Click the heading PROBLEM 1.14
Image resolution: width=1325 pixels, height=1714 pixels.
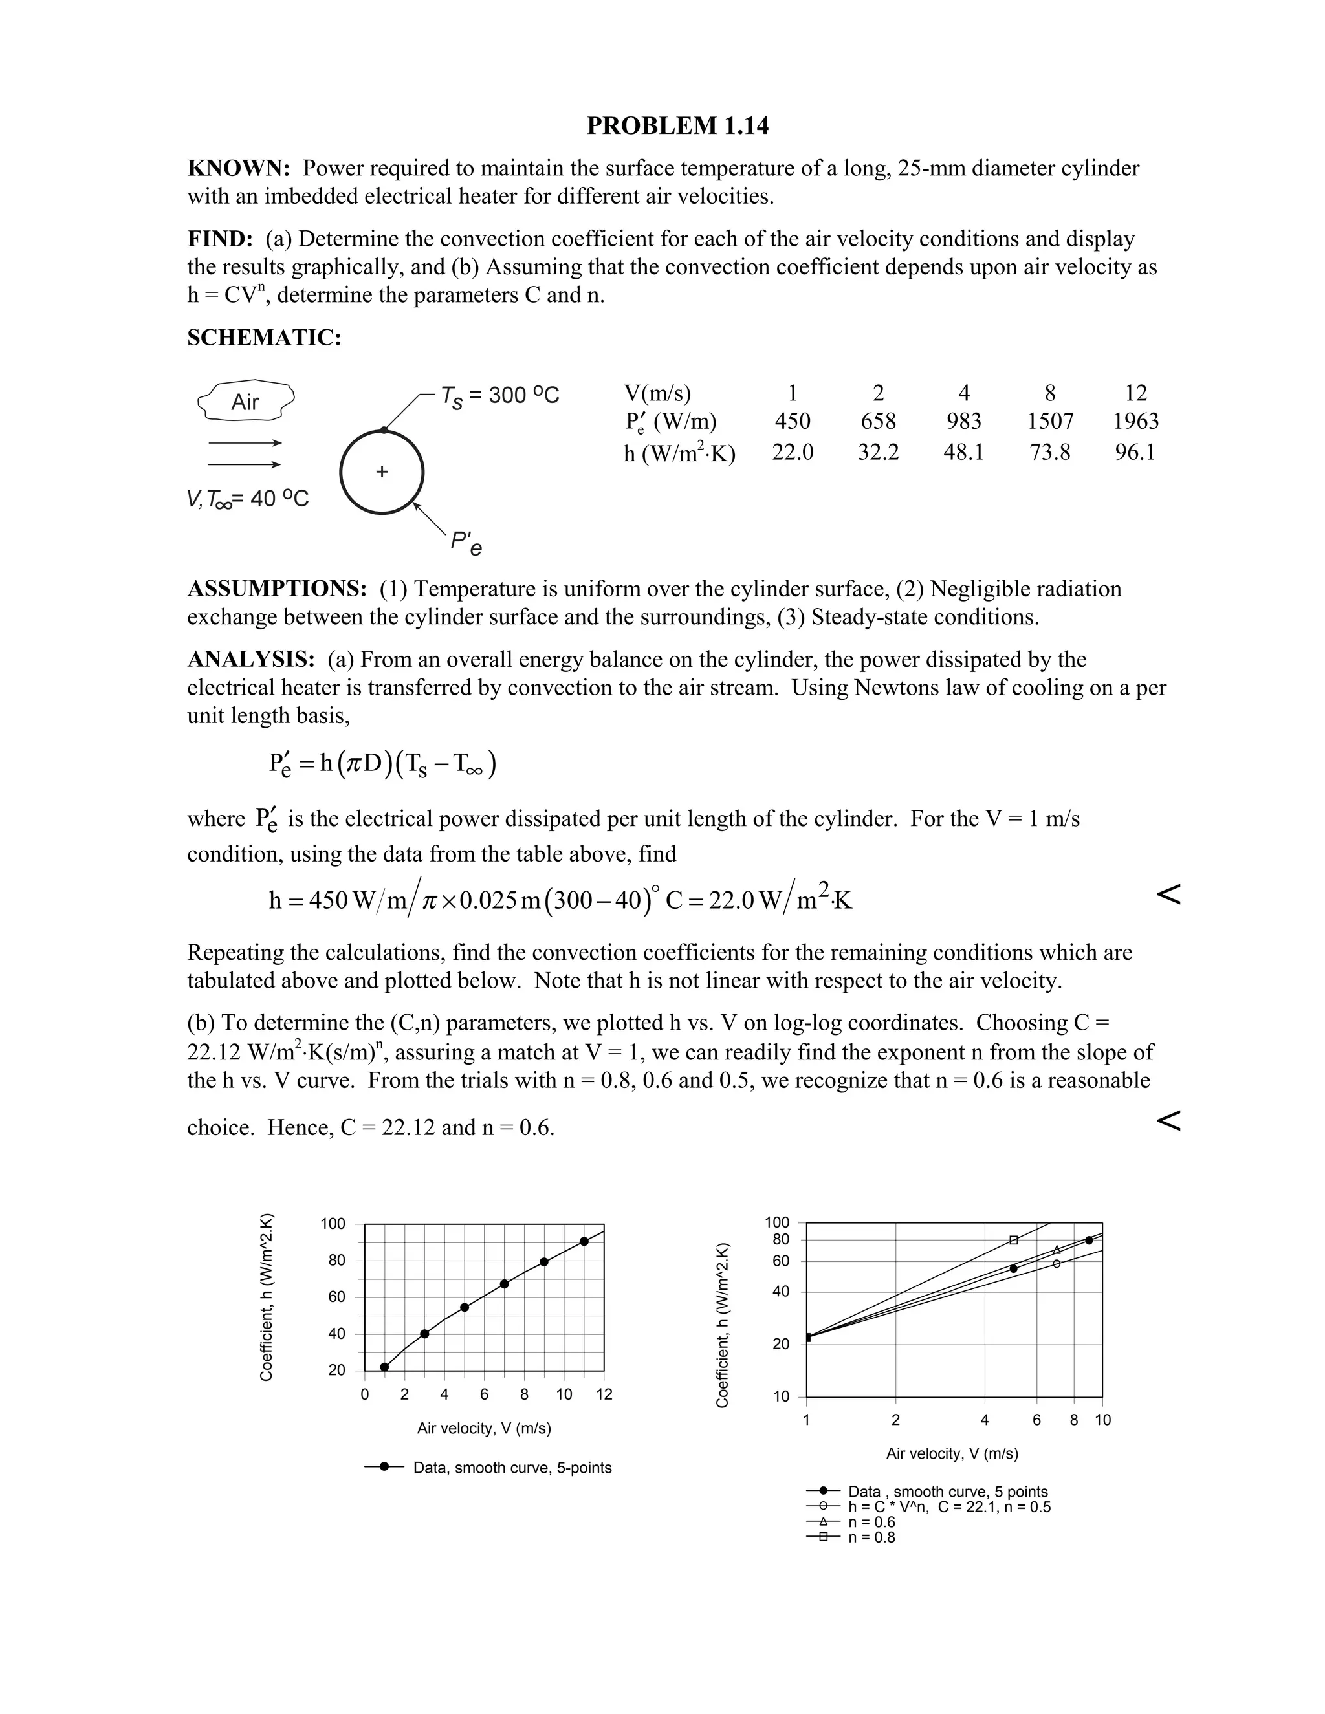pyautogui.click(x=677, y=125)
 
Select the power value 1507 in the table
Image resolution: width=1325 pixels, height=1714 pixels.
pyautogui.click(x=1049, y=422)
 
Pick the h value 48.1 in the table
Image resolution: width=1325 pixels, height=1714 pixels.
pyautogui.click(x=963, y=452)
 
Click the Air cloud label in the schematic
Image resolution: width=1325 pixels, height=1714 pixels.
pyautogui.click(x=245, y=402)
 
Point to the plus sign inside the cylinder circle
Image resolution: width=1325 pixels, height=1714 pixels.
pyautogui.click(x=382, y=472)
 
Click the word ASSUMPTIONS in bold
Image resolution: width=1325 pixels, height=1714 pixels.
pyautogui.click(x=276, y=589)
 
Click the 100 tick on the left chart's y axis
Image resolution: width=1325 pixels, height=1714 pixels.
pyautogui.click(x=333, y=1224)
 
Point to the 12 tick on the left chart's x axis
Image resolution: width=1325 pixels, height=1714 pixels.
pyautogui.click(x=604, y=1394)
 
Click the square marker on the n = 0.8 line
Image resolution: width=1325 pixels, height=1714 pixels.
pyautogui.click(x=1013, y=1240)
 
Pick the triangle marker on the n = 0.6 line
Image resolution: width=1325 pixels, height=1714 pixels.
pyautogui.click(x=1057, y=1250)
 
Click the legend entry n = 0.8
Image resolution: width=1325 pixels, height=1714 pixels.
pyautogui.click(x=871, y=1537)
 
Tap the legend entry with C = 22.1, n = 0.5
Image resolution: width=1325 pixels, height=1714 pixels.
pyautogui.click(x=948, y=1507)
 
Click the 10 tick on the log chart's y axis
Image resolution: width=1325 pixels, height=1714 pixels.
pyautogui.click(x=781, y=1397)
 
